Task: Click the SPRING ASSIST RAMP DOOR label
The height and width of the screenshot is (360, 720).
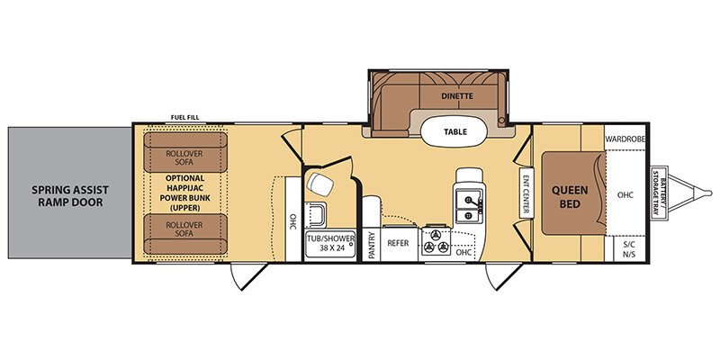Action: pyautogui.click(x=68, y=195)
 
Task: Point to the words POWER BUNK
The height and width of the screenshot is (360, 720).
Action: pyautogui.click(x=184, y=197)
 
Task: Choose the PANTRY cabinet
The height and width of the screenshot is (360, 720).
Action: pyautogui.click(x=372, y=245)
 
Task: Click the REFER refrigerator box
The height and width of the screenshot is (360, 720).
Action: pyautogui.click(x=398, y=244)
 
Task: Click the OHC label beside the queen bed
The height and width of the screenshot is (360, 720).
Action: pyautogui.click(x=625, y=193)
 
